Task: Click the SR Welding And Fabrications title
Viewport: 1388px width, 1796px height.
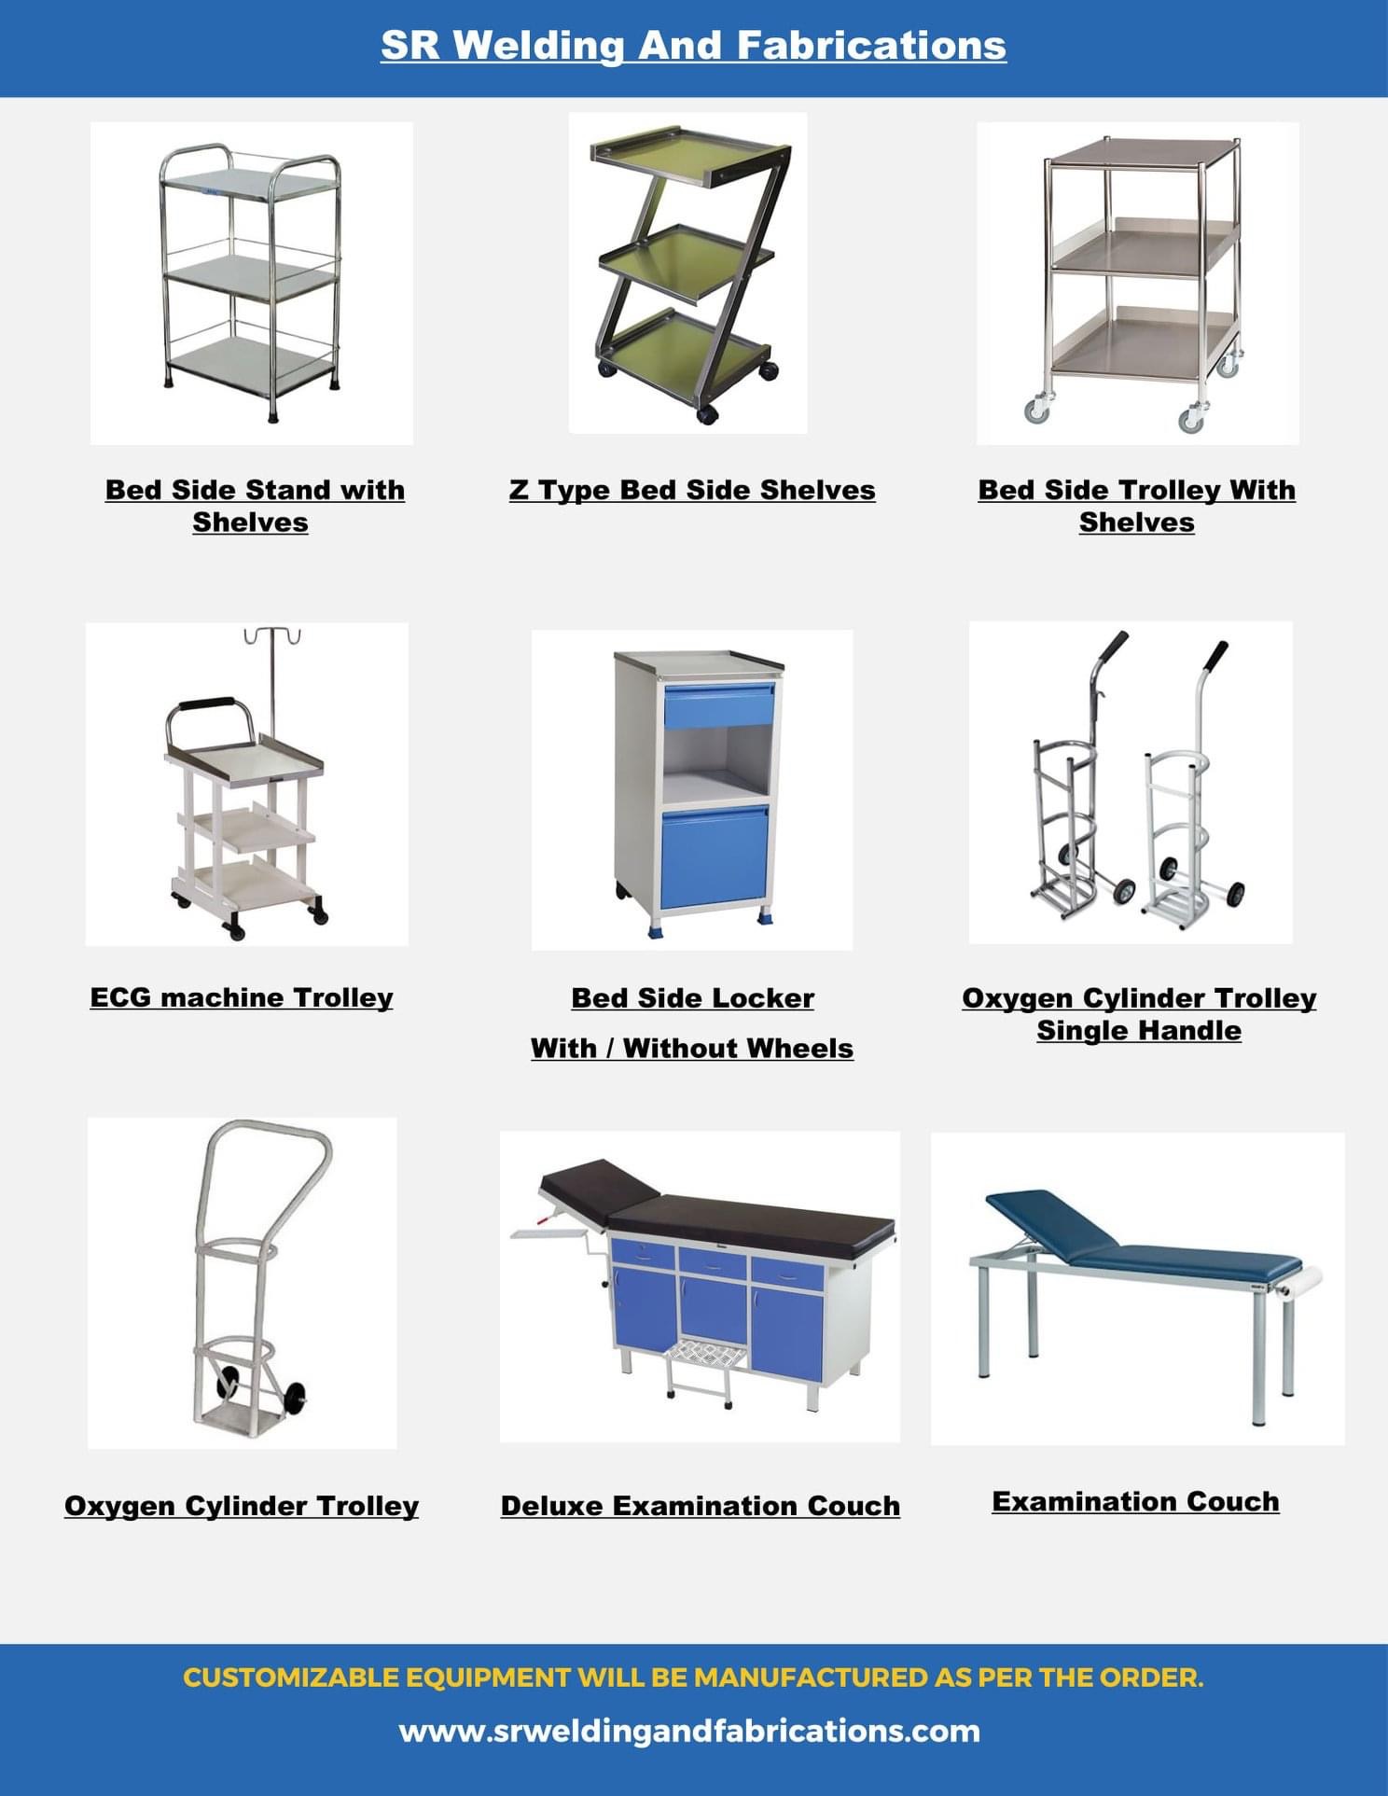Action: click(x=693, y=46)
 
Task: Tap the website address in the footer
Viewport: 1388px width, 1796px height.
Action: click(x=689, y=1732)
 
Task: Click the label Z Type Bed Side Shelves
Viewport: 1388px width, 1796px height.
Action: click(x=692, y=490)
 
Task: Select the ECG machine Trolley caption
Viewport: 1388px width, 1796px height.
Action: click(x=242, y=997)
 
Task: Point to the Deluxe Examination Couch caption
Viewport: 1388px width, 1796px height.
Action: click(x=700, y=1506)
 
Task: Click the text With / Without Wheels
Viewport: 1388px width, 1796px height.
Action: click(x=692, y=1049)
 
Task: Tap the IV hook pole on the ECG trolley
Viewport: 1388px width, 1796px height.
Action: click(x=272, y=672)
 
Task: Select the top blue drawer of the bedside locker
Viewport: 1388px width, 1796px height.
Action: click(x=719, y=705)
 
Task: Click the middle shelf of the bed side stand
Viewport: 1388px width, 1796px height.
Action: click(x=250, y=277)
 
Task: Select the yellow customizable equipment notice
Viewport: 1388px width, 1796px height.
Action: click(x=693, y=1678)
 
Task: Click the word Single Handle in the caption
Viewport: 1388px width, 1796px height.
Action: click(x=1139, y=1031)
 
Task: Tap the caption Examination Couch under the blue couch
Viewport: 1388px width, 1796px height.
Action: click(x=1135, y=1501)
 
